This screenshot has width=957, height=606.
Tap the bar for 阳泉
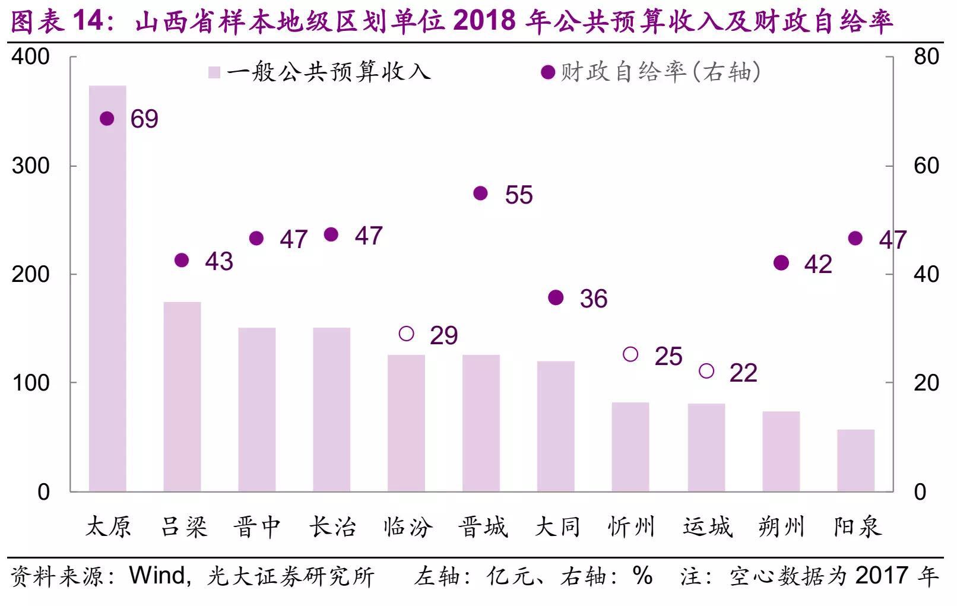click(856, 460)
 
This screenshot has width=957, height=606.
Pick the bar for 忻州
click(630, 447)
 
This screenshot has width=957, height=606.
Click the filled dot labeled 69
click(107, 119)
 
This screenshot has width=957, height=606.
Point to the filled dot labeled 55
click(480, 193)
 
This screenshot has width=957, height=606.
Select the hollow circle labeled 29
click(406, 334)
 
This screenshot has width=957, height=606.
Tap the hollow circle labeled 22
click(706, 371)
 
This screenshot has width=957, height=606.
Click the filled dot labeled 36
click(556, 298)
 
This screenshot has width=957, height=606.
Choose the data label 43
click(219, 262)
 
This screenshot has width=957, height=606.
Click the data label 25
click(668, 357)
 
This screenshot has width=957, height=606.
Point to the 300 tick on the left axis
click(31, 166)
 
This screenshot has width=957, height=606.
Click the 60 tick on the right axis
click(926, 166)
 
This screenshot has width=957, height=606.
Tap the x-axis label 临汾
click(408, 527)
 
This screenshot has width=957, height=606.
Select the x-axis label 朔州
click(781, 527)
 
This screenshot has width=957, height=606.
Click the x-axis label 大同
click(557, 527)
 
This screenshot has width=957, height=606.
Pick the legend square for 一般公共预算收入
click(214, 72)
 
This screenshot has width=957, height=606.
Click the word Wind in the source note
click(157, 576)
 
